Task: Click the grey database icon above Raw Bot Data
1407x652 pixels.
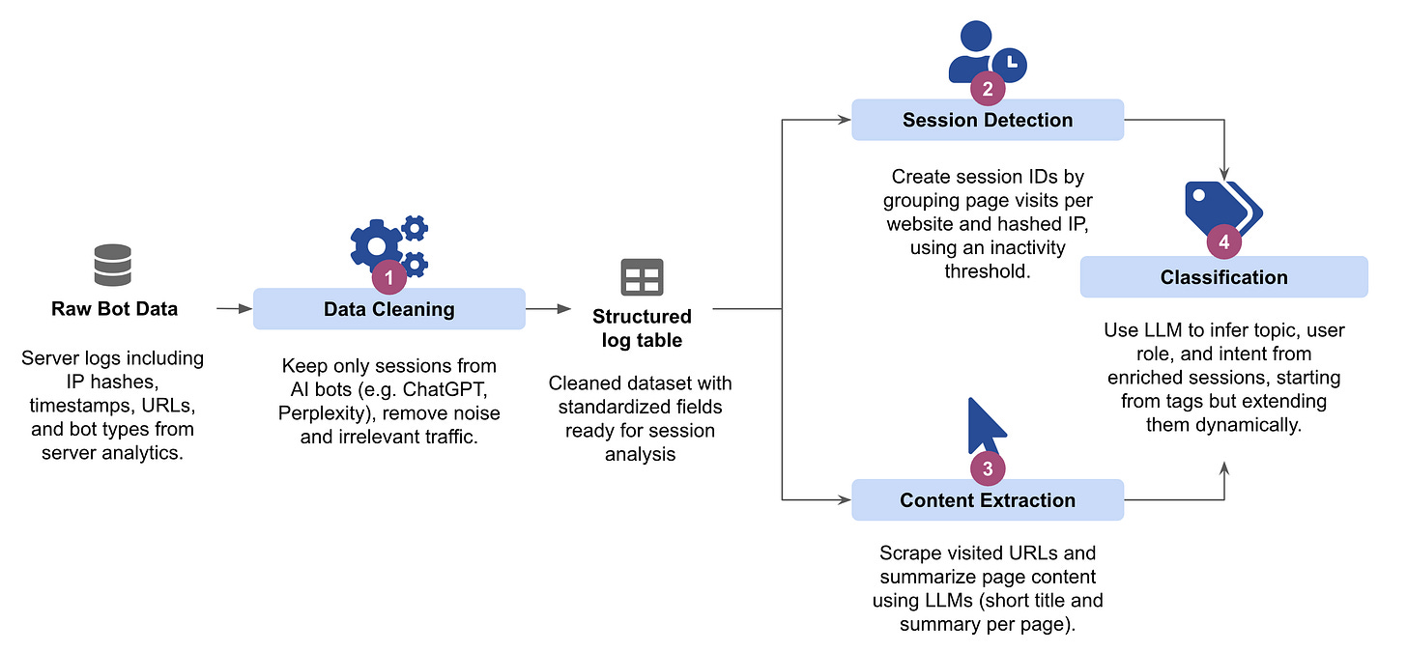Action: pyautogui.click(x=112, y=265)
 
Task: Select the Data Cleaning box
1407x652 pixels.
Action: pyautogui.click(x=388, y=309)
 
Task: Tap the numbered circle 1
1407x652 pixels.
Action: pyautogui.click(x=389, y=277)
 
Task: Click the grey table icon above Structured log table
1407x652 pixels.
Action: pyautogui.click(x=642, y=277)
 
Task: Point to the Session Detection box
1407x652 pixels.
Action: pyautogui.click(x=987, y=120)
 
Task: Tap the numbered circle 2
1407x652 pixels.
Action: pyautogui.click(x=988, y=88)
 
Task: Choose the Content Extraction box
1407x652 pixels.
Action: pyautogui.click(x=987, y=499)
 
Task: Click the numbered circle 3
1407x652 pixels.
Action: pyautogui.click(x=988, y=468)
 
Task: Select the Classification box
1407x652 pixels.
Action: pyautogui.click(x=1223, y=277)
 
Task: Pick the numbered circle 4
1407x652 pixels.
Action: pyautogui.click(x=1224, y=242)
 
